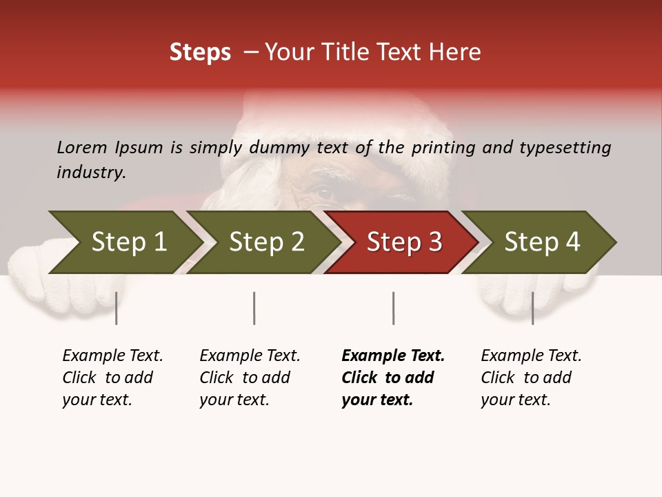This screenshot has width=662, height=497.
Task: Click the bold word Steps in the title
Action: coord(200,52)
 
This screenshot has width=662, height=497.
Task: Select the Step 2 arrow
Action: coord(265,242)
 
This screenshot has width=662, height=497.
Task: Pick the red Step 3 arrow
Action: coord(403,242)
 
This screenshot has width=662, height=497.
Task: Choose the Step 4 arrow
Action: coord(541,242)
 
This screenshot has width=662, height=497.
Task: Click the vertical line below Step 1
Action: coord(117,308)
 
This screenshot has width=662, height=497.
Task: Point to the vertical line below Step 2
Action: coord(254,308)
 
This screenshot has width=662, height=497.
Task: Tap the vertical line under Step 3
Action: coord(393,308)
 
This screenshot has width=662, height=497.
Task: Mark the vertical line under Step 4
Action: coord(532,308)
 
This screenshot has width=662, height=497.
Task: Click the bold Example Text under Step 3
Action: coord(393,355)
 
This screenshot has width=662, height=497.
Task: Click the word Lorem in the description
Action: coord(82,147)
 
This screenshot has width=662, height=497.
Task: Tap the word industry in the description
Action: coord(91,173)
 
